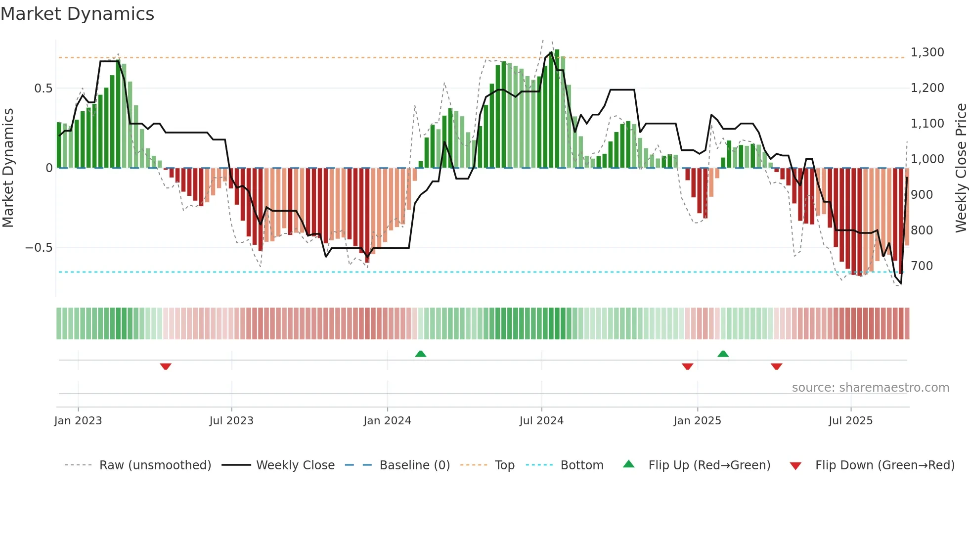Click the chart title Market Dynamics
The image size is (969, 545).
coord(77,14)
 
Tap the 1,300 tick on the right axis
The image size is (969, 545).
coord(927,52)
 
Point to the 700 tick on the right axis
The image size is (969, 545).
coord(922,266)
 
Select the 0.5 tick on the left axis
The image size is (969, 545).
coord(43,89)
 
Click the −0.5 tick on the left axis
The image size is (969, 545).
coord(39,248)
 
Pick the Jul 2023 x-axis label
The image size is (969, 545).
coord(231,421)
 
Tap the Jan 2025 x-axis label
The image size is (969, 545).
coord(697,421)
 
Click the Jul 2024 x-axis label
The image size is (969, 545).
coord(541,421)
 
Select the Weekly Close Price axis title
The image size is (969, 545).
coord(961,168)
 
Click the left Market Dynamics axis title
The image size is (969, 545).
coord(8,168)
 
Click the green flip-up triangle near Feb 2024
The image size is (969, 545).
coord(420,354)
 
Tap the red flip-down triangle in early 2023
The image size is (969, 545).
coord(166,366)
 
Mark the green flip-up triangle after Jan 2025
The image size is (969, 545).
coord(723,354)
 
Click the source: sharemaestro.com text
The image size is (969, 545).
coord(870,388)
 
